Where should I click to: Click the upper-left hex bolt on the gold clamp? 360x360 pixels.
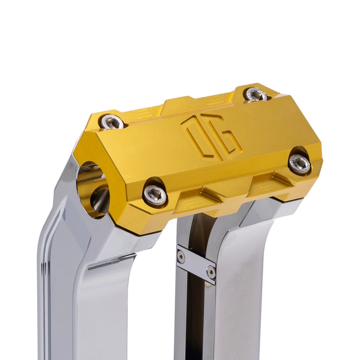pyautogui.click(x=112, y=122)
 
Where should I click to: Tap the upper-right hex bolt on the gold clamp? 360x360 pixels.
pyautogui.click(x=256, y=94)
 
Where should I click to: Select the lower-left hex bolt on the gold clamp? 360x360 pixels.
pyautogui.click(x=155, y=194)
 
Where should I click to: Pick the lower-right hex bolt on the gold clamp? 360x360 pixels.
pyautogui.click(x=299, y=164)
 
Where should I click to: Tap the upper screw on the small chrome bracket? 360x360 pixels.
pyautogui.click(x=181, y=256)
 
